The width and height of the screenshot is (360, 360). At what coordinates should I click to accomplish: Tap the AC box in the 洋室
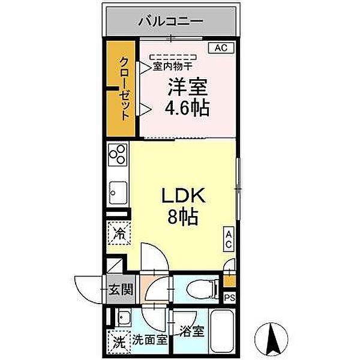(221, 49)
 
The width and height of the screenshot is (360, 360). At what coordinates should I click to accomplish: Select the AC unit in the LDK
(229, 241)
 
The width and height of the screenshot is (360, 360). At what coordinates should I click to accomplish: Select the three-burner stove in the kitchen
(117, 155)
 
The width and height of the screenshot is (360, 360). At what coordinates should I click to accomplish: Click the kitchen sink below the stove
(116, 192)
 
